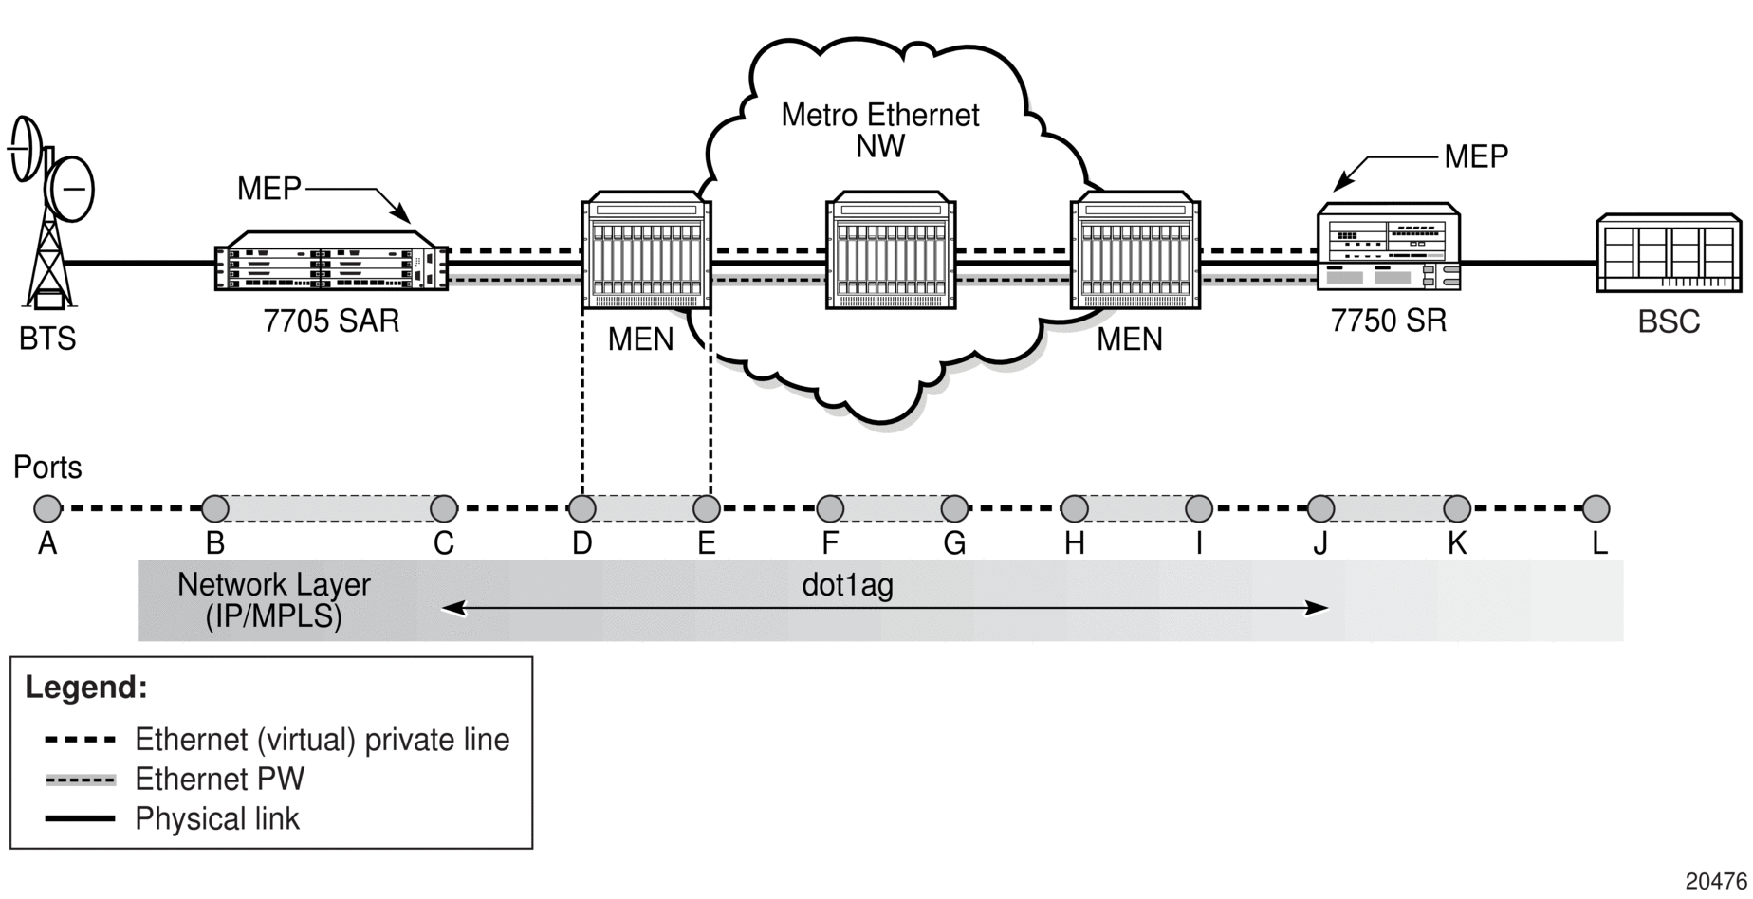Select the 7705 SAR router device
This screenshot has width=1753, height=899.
point(331,261)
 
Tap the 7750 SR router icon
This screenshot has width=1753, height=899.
point(1389,246)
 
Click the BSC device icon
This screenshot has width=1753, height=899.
point(1669,252)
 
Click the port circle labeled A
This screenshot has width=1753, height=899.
point(47,509)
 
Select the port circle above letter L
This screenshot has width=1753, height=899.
point(1596,509)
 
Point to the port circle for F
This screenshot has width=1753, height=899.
point(830,509)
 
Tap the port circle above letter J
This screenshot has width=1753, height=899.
point(1320,509)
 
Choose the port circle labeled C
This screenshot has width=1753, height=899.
point(444,509)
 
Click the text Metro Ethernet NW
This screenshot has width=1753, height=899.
point(880,130)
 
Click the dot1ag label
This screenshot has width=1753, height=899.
point(847,585)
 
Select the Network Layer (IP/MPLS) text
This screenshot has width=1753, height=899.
point(274,600)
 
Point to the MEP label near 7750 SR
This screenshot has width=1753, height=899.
point(1476,156)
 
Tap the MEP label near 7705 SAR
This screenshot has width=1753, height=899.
point(268,189)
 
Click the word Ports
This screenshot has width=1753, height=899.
point(47,468)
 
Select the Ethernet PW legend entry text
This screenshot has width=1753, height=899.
point(220,780)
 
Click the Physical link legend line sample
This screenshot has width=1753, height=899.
point(81,818)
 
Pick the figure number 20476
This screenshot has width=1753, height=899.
point(1716,881)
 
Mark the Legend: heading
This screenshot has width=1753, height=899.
point(86,687)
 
